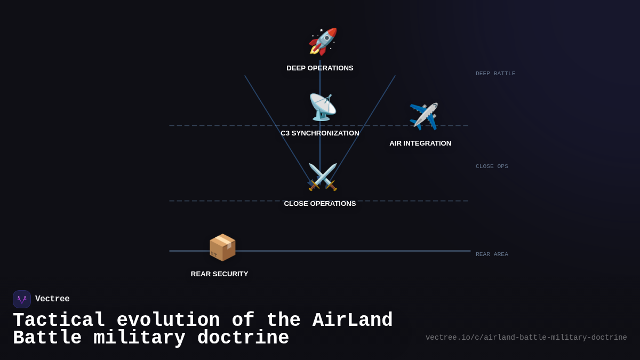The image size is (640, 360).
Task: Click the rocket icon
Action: (323, 42)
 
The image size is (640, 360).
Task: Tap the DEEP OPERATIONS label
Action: (320, 68)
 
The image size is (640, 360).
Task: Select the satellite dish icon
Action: (323, 107)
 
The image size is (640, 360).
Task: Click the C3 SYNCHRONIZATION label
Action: (320, 133)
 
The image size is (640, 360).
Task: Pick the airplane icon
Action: (423, 116)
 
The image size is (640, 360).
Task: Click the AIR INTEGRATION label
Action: (420, 143)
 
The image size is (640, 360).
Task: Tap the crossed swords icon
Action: (323, 177)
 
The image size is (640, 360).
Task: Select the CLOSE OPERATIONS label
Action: (320, 204)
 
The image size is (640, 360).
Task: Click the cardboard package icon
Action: (222, 247)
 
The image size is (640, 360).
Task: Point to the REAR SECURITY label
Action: (220, 274)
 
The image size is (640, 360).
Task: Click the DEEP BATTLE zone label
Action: (495, 74)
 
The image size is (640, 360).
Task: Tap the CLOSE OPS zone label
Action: (492, 166)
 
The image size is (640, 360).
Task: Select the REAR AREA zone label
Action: (492, 254)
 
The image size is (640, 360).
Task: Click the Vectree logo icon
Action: (22, 299)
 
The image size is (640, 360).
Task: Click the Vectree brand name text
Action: (52, 299)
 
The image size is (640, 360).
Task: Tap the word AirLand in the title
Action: (353, 321)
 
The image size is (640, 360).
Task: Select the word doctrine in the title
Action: (243, 338)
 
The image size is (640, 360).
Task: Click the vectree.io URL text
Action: (526, 338)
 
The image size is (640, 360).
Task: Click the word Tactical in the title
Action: (59, 321)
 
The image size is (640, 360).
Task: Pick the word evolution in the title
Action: (168, 321)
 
